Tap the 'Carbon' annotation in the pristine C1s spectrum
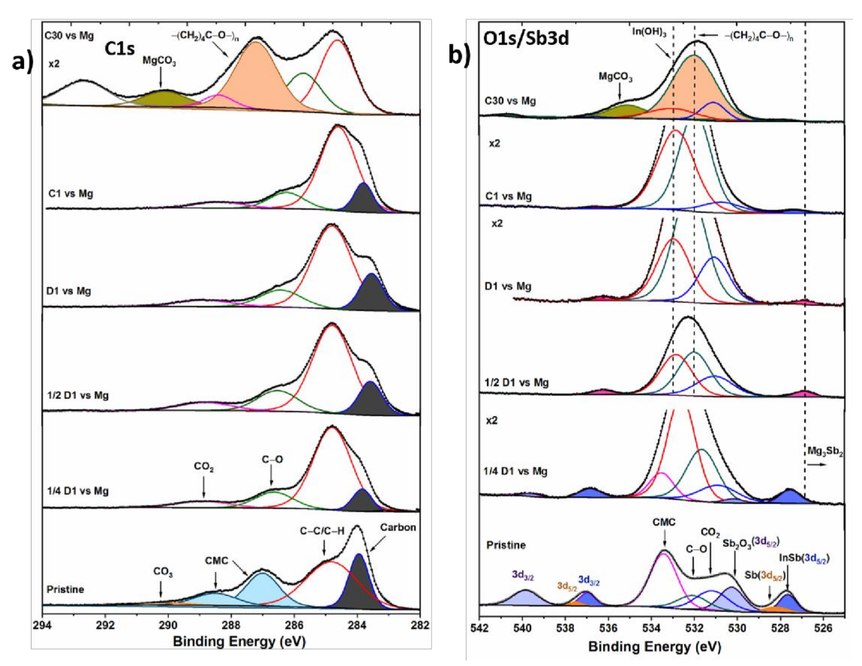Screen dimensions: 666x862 [x=398, y=527]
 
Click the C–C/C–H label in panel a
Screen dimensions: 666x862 [x=322, y=531]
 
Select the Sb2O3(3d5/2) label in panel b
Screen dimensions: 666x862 [x=751, y=543]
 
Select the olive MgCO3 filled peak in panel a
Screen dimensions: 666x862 [x=164, y=98]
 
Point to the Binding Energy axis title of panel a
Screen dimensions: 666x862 [x=239, y=642]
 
